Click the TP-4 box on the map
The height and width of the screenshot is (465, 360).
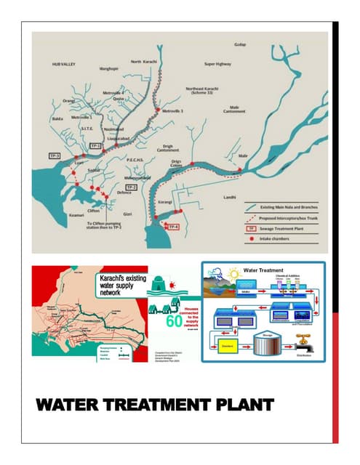(172, 228)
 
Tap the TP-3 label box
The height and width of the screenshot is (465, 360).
(55, 156)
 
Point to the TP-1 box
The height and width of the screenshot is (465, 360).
(94, 146)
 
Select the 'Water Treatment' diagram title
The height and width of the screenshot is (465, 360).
(271, 270)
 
